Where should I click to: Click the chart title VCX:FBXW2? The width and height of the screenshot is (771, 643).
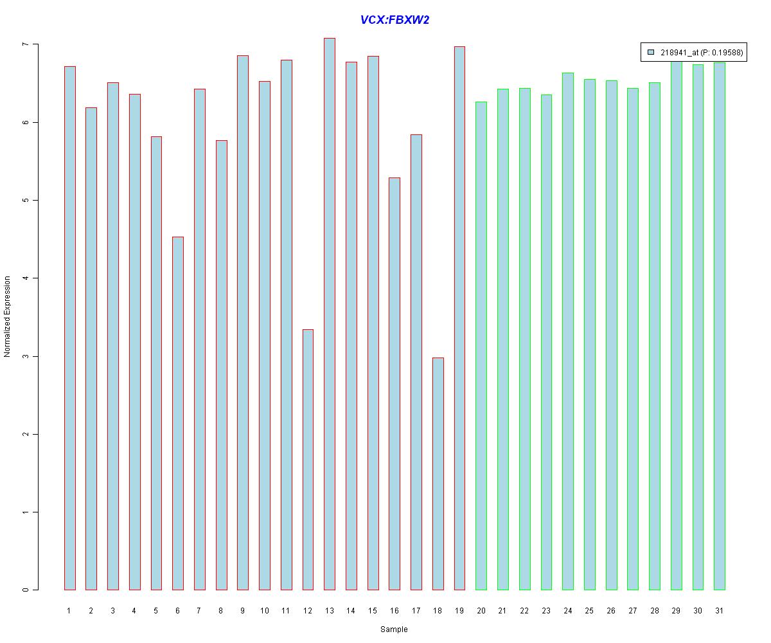click(x=394, y=20)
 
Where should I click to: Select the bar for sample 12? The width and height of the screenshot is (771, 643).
click(x=308, y=460)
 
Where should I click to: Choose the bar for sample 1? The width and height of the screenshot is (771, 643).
click(x=69, y=328)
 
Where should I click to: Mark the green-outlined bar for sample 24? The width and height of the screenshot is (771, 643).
click(x=568, y=331)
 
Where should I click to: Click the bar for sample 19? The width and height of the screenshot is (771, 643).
click(x=459, y=318)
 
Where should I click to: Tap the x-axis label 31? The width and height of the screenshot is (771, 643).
click(x=720, y=611)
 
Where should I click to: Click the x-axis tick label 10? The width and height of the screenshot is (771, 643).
click(x=265, y=611)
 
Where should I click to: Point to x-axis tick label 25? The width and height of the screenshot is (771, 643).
click(x=589, y=611)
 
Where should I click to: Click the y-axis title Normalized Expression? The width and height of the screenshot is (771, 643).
click(x=7, y=316)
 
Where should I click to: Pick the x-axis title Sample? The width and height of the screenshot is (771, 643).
click(x=394, y=629)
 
